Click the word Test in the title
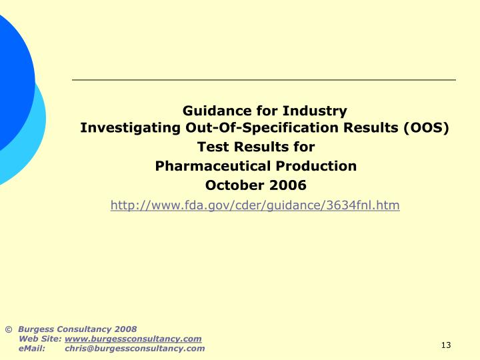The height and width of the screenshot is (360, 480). [211, 147]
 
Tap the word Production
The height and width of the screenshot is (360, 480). [318, 166]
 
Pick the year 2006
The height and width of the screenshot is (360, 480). [288, 185]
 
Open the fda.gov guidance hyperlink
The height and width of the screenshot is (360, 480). [255, 205]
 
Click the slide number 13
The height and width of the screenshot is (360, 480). [446, 345]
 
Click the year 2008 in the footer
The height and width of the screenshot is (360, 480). [125, 329]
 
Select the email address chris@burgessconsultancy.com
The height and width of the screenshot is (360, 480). [135, 349]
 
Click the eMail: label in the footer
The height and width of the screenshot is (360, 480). [32, 349]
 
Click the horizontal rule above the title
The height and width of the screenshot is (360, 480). [264, 80]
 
